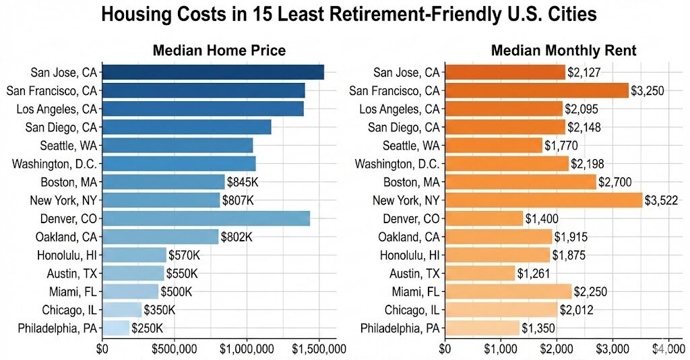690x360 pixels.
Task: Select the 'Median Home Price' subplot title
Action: [x=219, y=51]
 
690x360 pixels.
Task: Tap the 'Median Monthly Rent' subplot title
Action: [x=563, y=51]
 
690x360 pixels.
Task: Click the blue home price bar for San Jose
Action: [x=213, y=72]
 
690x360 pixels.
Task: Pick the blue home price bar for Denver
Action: [x=206, y=218]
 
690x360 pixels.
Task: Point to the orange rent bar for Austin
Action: [x=480, y=272]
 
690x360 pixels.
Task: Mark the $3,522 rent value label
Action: [x=661, y=200]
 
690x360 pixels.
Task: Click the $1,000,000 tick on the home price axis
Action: [x=247, y=349]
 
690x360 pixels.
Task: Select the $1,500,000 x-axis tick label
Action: [x=319, y=349]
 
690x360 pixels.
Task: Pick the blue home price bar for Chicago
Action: [x=122, y=309]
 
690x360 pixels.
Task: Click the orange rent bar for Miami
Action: [x=507, y=291]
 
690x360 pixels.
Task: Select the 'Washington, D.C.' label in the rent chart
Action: [x=398, y=164]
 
